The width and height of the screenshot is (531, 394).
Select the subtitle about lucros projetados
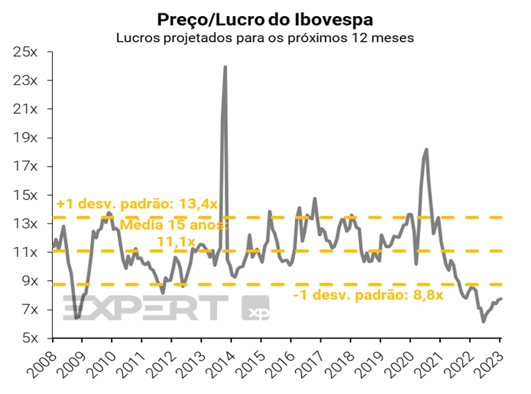[x=265, y=37]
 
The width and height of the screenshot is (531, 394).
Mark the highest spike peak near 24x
[x=225, y=67]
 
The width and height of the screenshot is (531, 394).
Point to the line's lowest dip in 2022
[x=484, y=322]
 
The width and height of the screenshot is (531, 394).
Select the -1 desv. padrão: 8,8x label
[x=368, y=295]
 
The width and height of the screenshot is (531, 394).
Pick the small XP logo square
[x=255, y=308]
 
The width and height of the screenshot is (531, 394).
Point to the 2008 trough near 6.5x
[x=77, y=317]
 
